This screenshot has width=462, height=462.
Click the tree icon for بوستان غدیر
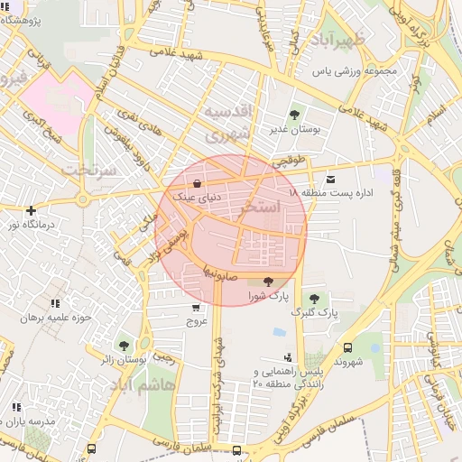[294, 114]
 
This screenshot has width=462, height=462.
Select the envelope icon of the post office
[330, 180]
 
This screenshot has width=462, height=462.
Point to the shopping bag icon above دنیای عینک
[197, 183]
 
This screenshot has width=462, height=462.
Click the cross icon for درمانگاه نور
[32, 209]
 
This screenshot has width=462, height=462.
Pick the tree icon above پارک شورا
[267, 282]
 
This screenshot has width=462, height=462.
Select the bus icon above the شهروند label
[348, 346]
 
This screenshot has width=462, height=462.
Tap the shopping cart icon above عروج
[197, 308]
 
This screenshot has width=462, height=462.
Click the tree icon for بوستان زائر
[124, 345]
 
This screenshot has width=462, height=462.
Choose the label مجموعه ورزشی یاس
[355, 70]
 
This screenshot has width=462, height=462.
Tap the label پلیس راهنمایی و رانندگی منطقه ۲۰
[286, 377]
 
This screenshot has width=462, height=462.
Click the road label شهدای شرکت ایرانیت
[217, 369]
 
